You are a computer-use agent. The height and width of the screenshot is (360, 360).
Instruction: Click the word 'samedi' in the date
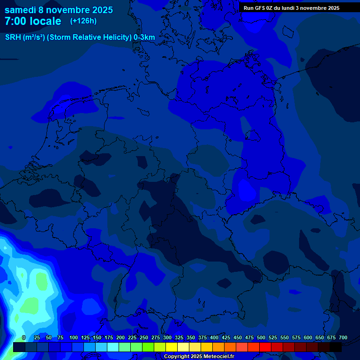coord(20,10)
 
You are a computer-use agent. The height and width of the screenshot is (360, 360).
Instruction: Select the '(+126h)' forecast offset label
coord(83,21)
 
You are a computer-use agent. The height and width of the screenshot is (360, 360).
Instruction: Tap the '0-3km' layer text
coord(144,37)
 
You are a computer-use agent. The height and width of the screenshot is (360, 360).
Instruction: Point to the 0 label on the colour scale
coord(24,337)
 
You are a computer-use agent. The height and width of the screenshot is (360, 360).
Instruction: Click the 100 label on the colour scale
coord(74,337)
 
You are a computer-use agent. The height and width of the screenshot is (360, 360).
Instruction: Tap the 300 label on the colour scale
coord(167,337)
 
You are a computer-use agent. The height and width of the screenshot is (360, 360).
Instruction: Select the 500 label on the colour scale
coord(261,337)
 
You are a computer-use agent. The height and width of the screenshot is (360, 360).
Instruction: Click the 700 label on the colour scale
coord(343,337)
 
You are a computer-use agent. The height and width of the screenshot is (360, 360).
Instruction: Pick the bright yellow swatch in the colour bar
coord(172,347)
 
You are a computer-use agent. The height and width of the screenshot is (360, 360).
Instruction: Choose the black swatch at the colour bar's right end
coord(336,347)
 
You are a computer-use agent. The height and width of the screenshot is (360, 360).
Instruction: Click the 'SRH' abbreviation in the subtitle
coord(13,37)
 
